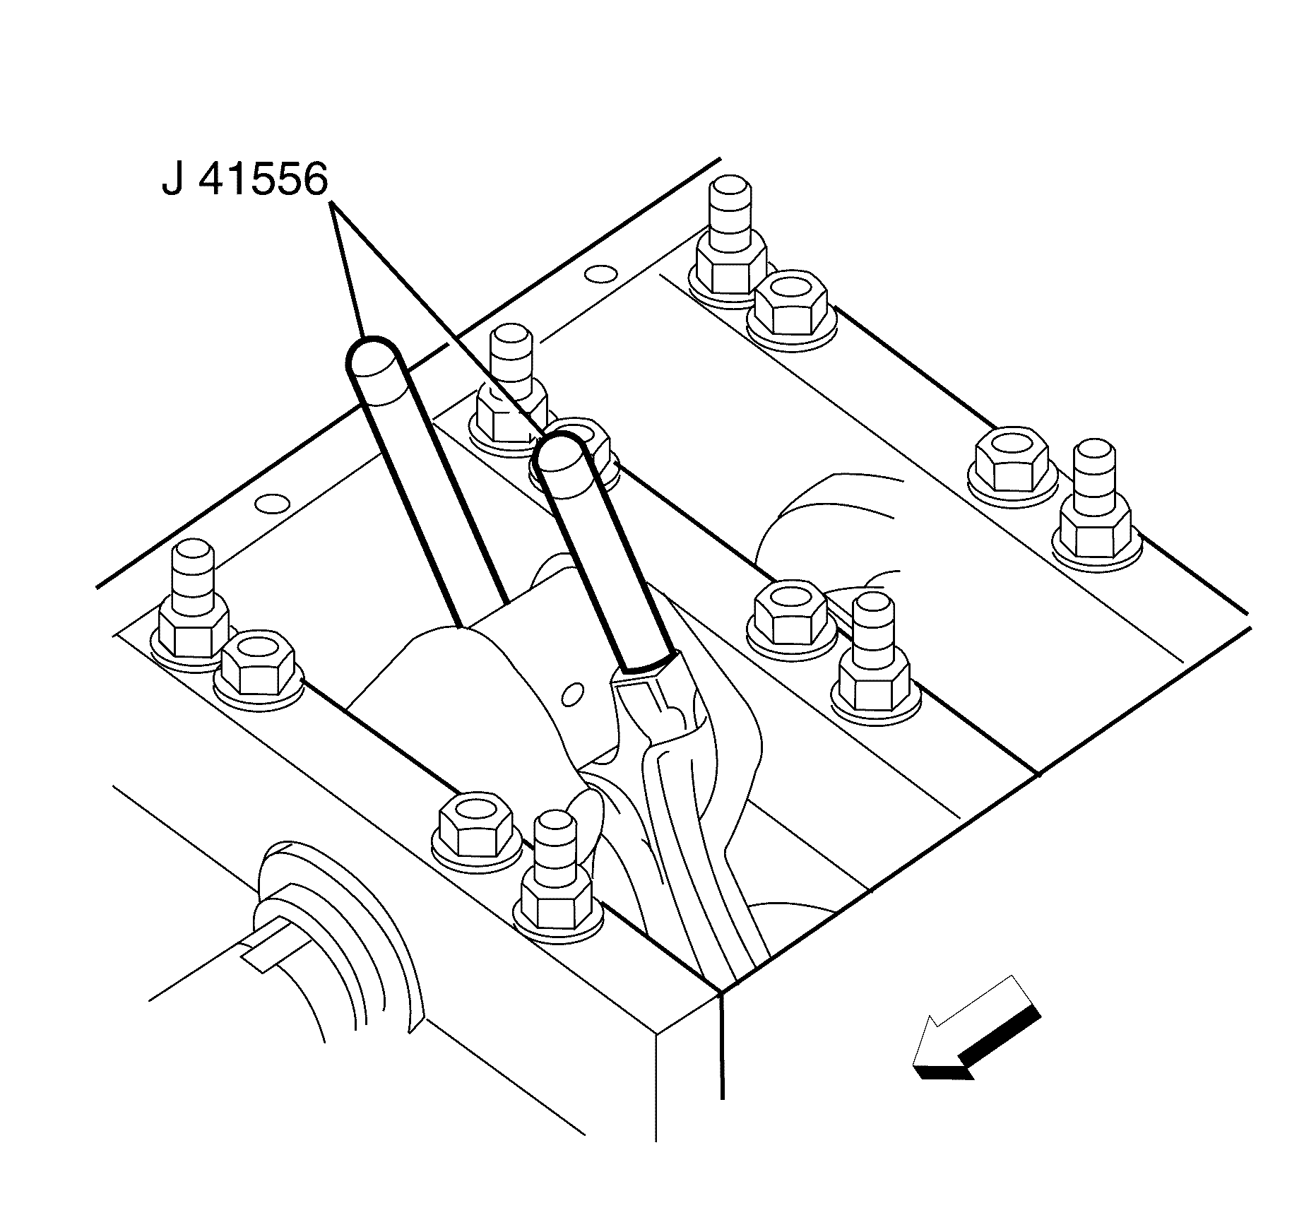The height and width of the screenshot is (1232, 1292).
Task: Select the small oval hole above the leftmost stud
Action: pos(272,504)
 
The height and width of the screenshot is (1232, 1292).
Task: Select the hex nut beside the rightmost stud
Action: pos(1012,460)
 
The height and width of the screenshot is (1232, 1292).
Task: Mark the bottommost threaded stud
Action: pos(556,883)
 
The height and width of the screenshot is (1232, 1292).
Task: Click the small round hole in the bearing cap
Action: pos(574,694)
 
